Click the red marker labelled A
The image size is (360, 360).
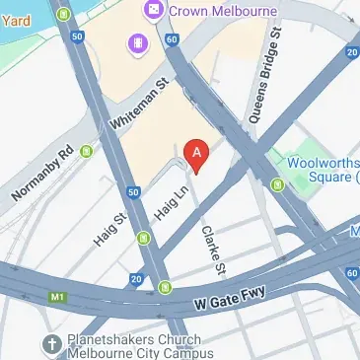198,155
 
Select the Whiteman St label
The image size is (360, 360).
139,105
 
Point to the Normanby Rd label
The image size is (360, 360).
43,174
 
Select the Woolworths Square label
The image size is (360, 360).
320,169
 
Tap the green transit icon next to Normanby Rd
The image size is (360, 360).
86,151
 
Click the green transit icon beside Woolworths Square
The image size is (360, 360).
278,183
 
